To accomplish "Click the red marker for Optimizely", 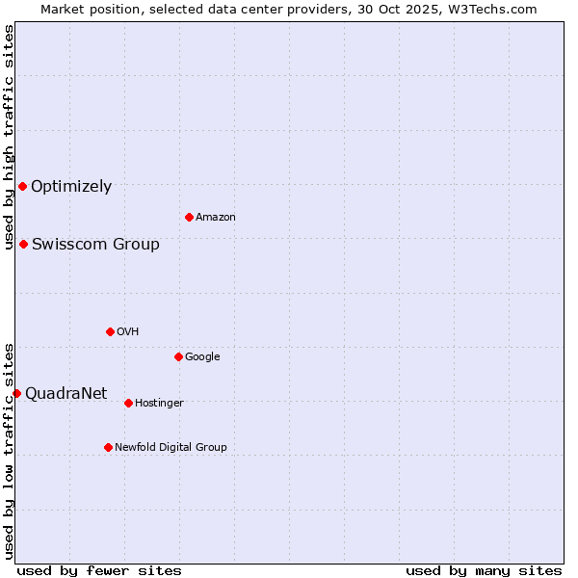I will point(22,186).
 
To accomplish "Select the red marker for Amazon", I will point(189,217).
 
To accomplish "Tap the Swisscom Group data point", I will point(23,244).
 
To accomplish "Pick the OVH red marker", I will point(110,331).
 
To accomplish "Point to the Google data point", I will point(178,356).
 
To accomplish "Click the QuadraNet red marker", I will point(16,393).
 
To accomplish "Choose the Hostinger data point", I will point(128,403).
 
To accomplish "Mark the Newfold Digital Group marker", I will point(108,447).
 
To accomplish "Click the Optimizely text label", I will point(71,187).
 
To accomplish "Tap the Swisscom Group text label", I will point(95,245).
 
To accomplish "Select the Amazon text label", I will point(216,218).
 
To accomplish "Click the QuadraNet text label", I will point(66,393).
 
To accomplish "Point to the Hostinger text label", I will point(159,404).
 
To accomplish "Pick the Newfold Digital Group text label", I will point(171,448).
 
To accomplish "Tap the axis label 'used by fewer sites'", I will point(99,570).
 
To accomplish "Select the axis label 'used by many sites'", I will point(484,570).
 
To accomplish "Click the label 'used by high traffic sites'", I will point(10,137).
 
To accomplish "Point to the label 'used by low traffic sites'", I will point(10,451).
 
